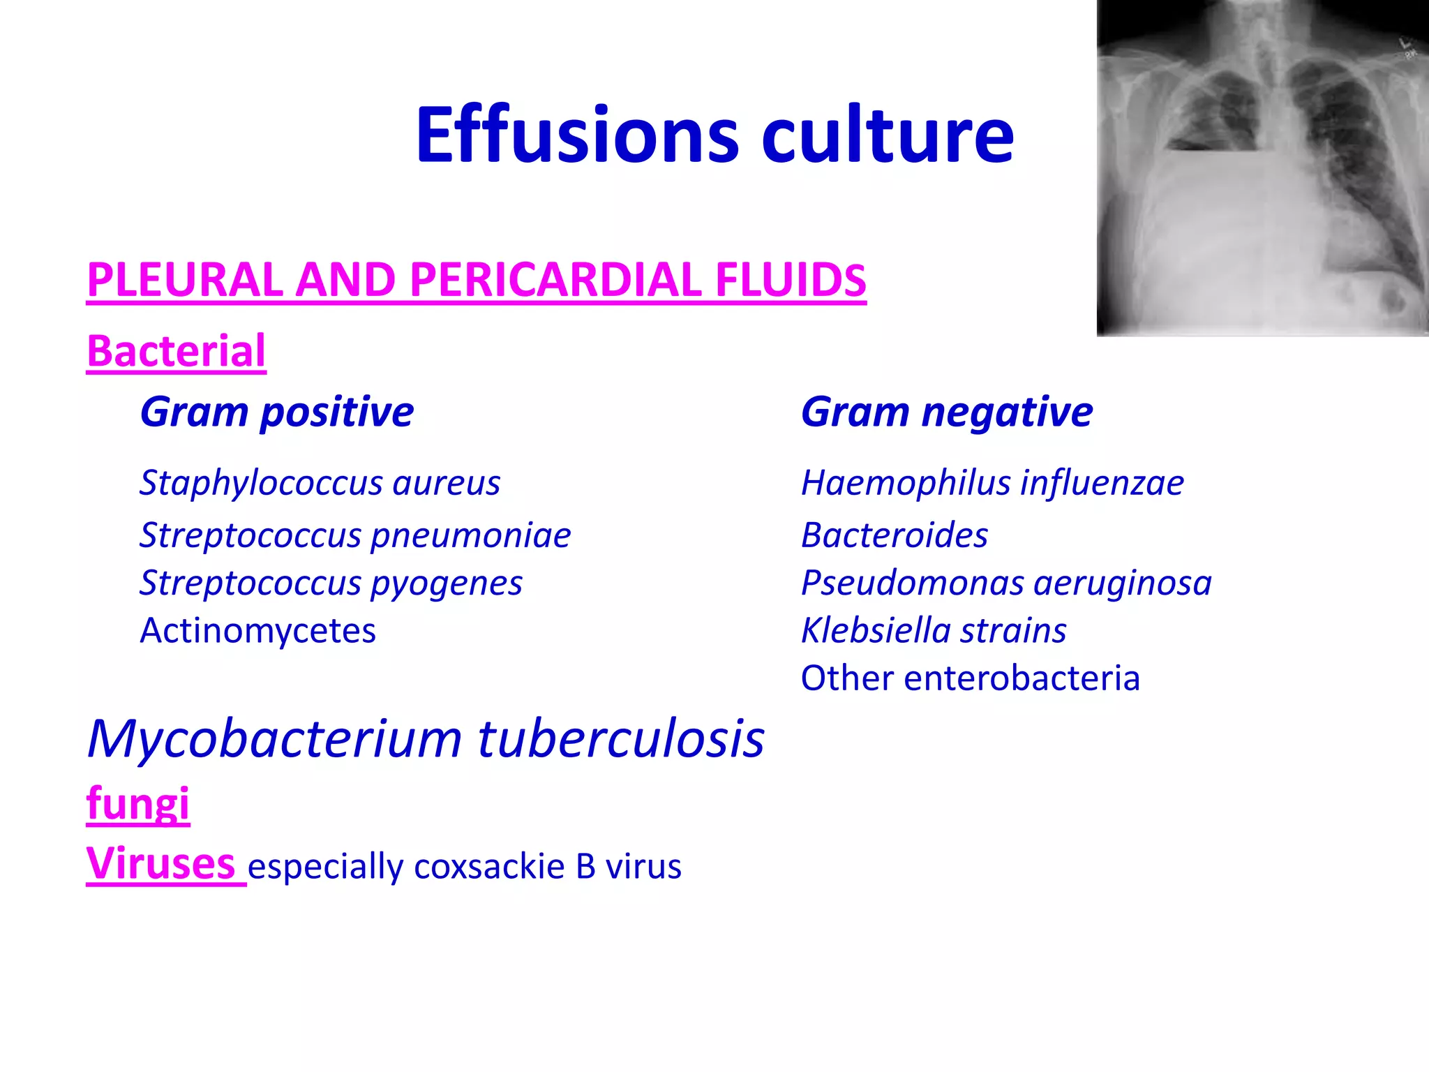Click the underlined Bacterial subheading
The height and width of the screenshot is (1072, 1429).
click(x=176, y=350)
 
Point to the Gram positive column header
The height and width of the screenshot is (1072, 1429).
click(x=276, y=411)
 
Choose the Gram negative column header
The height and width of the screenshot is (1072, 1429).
click(x=946, y=411)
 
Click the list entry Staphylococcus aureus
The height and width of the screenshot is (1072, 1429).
click(x=320, y=483)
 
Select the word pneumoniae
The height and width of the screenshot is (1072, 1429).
click(x=470, y=536)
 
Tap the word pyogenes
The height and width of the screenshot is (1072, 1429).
click(x=446, y=583)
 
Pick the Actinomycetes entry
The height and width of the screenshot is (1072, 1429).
click(x=257, y=630)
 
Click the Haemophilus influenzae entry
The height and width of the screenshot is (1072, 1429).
click(x=992, y=483)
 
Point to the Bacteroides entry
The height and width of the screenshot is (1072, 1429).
click(x=894, y=535)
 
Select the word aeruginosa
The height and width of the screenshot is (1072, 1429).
click(x=1122, y=583)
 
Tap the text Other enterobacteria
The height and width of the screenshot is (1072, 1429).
click(x=970, y=678)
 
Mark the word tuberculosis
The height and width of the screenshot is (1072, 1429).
click(x=621, y=738)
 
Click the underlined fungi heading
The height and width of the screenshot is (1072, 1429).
click(x=137, y=803)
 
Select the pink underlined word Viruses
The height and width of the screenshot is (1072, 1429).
click(x=160, y=863)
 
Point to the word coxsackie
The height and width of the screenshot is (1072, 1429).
click(x=488, y=867)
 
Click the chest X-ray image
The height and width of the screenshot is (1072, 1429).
click(x=1262, y=167)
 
